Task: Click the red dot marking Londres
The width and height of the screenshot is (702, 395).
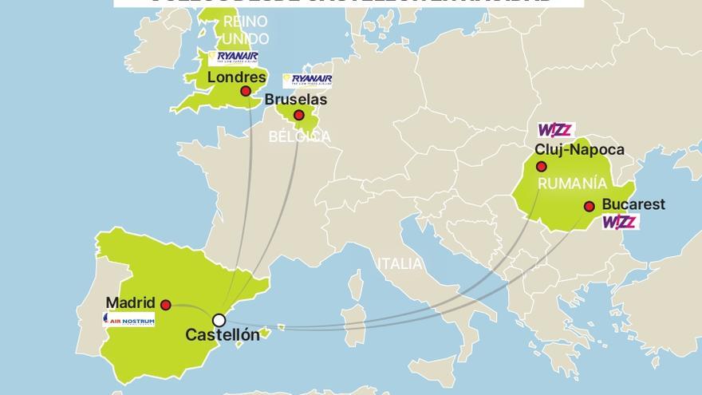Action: pyautogui.click(x=246, y=91)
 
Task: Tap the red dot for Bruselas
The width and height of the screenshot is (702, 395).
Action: pyautogui.click(x=298, y=116)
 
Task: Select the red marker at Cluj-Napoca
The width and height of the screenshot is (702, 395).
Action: pyautogui.click(x=542, y=167)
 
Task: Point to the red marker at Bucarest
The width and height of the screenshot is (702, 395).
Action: pyautogui.click(x=589, y=207)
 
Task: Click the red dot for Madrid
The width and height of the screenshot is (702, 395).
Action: pyautogui.click(x=165, y=305)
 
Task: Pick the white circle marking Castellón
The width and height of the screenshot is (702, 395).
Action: pyautogui.click(x=219, y=320)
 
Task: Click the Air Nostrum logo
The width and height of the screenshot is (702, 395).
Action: pyautogui.click(x=128, y=319)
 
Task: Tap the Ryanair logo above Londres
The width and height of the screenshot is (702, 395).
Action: pyautogui.click(x=233, y=57)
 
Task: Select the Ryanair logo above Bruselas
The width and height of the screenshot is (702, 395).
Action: pyautogui.click(x=307, y=81)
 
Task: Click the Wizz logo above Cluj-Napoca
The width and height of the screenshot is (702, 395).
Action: pyautogui.click(x=556, y=130)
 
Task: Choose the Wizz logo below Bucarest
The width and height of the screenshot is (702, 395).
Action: pyautogui.click(x=620, y=223)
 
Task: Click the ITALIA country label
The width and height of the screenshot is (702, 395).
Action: pyautogui.click(x=401, y=264)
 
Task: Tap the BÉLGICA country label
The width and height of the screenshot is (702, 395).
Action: pyautogui.click(x=299, y=137)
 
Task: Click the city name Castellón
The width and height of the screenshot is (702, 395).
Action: pyautogui.click(x=223, y=335)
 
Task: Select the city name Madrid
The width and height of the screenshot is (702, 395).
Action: pyautogui.click(x=130, y=303)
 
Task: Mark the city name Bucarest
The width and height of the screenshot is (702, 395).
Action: pyautogui.click(x=634, y=204)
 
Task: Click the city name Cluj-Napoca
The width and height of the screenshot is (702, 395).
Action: pyautogui.click(x=580, y=149)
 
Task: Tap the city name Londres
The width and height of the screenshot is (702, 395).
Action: pyautogui.click(x=236, y=77)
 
